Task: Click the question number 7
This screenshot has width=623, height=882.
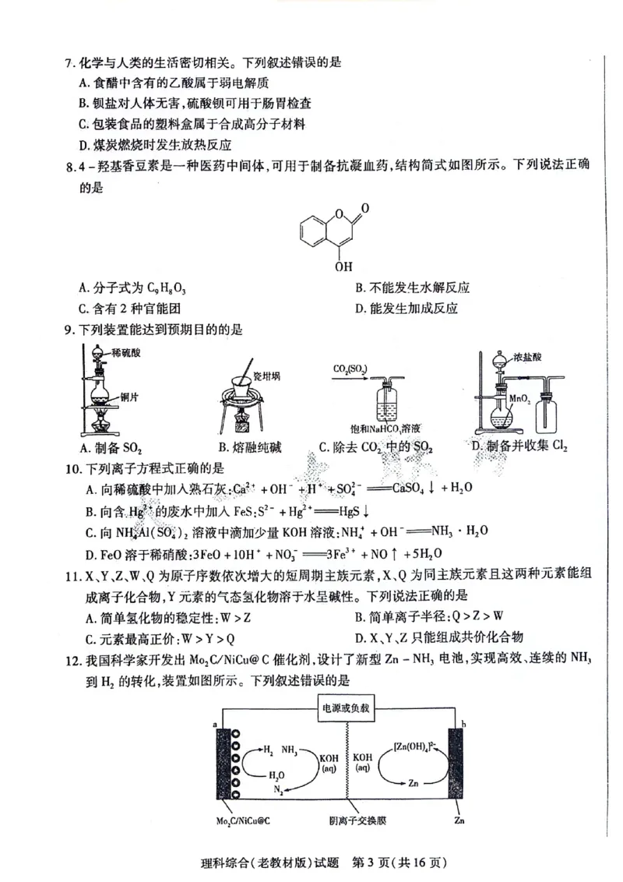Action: (x=69, y=62)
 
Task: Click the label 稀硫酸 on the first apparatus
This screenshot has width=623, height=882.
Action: (x=127, y=353)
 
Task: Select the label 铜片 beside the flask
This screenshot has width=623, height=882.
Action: (x=130, y=397)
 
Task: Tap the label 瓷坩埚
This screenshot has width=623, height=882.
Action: (x=266, y=376)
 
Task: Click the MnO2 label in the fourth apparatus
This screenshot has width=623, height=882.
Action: (x=519, y=397)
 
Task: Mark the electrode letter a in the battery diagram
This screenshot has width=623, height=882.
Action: (x=213, y=726)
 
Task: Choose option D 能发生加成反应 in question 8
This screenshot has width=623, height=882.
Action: (x=405, y=308)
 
